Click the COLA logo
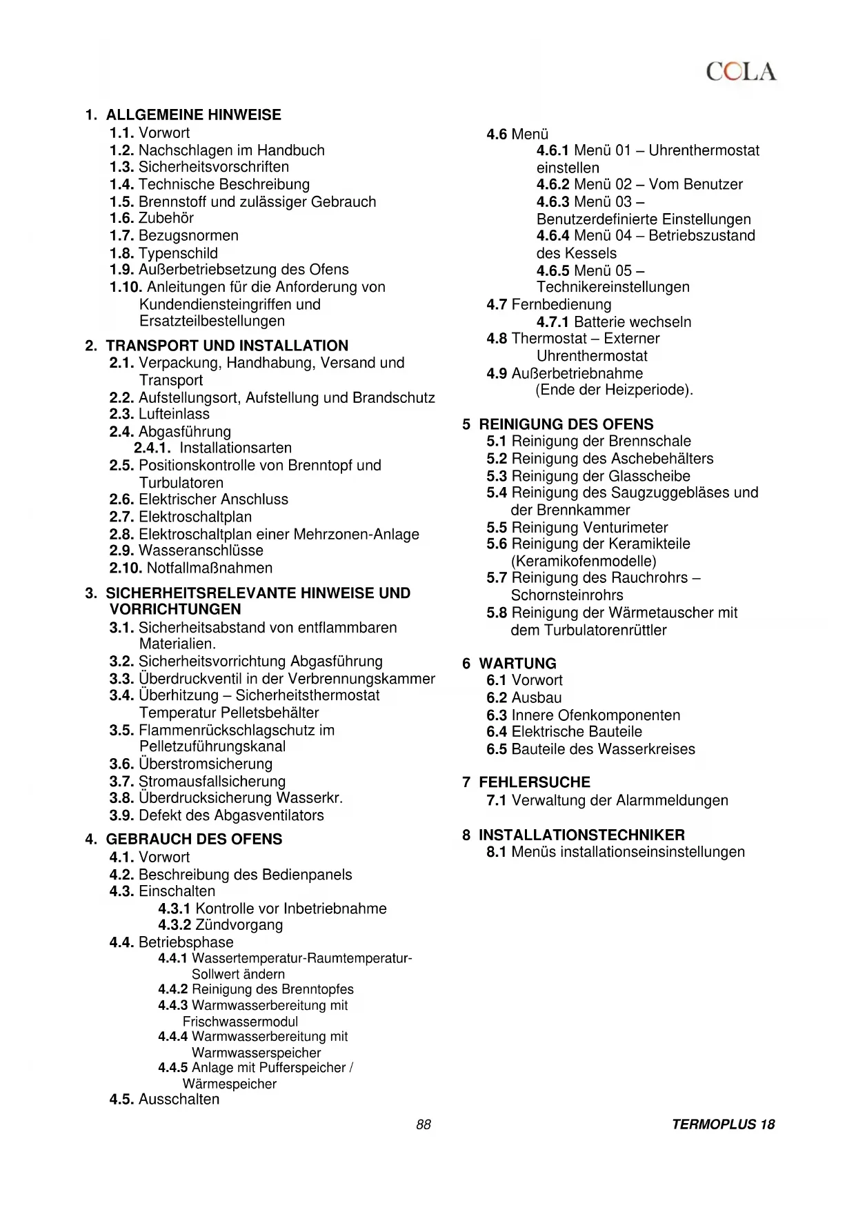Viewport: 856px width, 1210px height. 741,72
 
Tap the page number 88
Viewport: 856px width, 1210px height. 424,1124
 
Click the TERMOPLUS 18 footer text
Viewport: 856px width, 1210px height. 723,1124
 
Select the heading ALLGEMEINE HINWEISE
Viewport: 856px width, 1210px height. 193,115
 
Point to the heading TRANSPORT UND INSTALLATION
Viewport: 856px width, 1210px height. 227,346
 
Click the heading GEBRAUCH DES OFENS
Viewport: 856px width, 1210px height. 194,839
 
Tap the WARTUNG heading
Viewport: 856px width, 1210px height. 517,664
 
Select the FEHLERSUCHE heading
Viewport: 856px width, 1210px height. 535,782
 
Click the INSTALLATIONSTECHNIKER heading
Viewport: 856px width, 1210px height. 581,835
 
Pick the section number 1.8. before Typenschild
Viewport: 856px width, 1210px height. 121,253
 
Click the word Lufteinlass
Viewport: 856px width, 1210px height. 174,414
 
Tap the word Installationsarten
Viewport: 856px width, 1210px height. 235,448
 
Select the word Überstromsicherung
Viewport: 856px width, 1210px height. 206,764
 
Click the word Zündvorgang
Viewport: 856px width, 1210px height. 239,925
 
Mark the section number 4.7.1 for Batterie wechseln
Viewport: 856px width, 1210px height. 553,322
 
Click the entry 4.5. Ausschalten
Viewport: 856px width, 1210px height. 164,1099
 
